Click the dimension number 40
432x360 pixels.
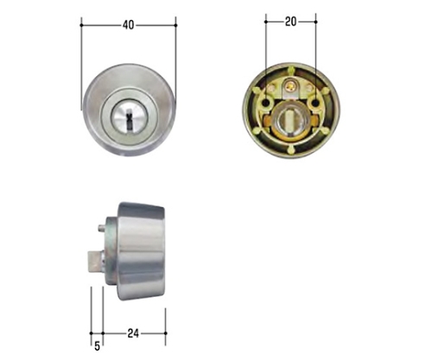coord(129,25)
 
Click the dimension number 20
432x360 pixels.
coord(290,22)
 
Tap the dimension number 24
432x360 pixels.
coord(133,333)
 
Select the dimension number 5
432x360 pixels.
coord(97,345)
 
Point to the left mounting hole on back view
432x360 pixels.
coord(267,103)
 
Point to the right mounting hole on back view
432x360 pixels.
coord(315,103)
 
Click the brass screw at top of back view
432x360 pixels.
coord(290,85)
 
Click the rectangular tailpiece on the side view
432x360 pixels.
coord(95,261)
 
